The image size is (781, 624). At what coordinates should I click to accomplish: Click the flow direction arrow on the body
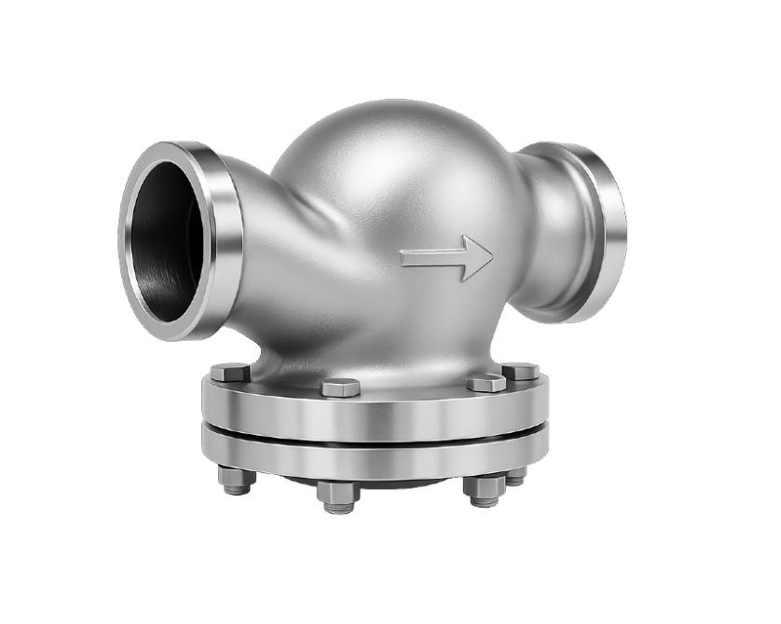(x=447, y=258)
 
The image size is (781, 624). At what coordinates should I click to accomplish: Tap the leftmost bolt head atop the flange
(x=229, y=373)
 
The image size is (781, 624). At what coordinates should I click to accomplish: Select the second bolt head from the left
(x=340, y=387)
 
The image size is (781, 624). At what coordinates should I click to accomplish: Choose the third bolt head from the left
(x=486, y=383)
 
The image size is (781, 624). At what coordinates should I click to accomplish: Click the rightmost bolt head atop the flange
(x=520, y=371)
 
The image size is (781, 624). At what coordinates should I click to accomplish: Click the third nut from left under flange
(x=485, y=489)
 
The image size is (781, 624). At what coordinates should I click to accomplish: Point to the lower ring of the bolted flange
(x=373, y=456)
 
